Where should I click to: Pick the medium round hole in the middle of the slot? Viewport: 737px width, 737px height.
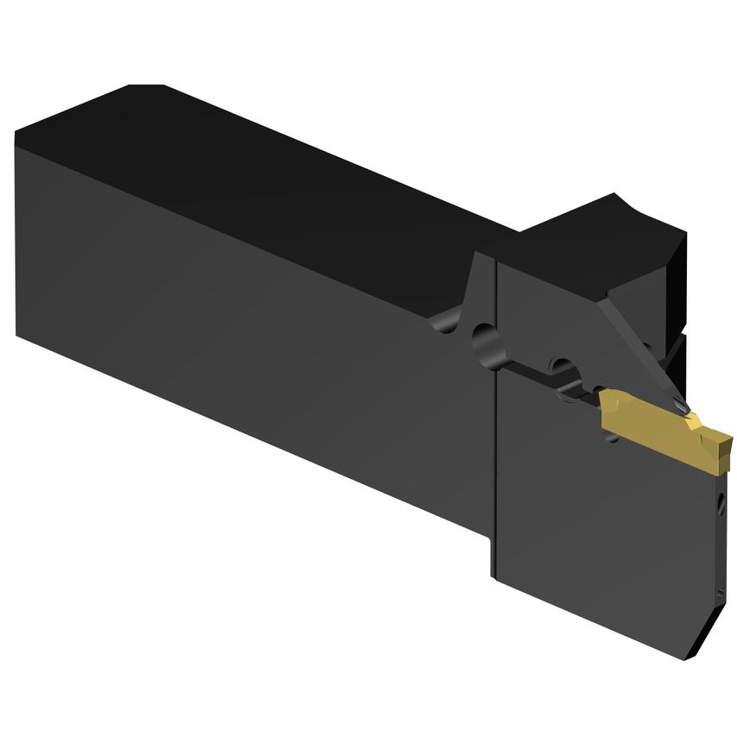[562, 366]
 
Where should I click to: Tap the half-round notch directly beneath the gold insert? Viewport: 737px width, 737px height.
[614, 440]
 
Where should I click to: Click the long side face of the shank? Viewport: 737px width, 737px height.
[242, 302]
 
